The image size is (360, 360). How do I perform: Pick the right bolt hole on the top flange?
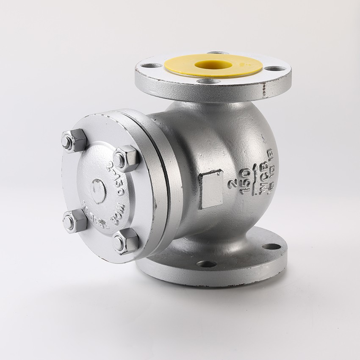(275, 68)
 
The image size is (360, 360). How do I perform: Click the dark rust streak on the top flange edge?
(264, 90)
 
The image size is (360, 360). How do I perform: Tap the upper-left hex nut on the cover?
(74, 140)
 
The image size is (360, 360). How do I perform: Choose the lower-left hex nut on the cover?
(75, 221)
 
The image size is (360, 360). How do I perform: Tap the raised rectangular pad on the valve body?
(210, 189)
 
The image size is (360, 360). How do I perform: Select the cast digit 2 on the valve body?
(232, 184)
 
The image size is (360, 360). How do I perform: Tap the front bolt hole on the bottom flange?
(206, 264)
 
